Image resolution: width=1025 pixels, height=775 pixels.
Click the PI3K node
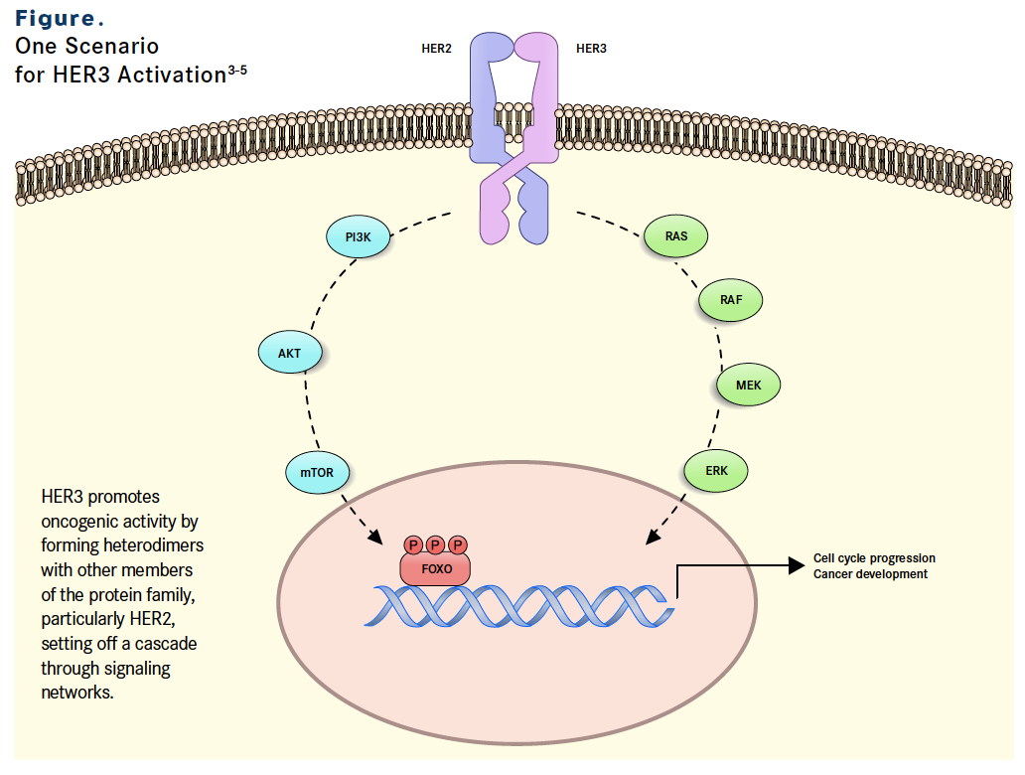click(359, 236)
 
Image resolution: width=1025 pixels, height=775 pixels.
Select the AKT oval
click(290, 353)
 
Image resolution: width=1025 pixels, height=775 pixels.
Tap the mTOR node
click(317, 472)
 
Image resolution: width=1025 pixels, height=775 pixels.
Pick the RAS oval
click(676, 236)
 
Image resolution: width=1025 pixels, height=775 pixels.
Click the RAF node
click(731, 300)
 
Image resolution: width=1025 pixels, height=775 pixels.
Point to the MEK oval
click(749, 386)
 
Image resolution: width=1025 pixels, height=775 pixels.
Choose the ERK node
click(716, 471)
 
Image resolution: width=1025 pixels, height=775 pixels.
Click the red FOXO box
click(435, 569)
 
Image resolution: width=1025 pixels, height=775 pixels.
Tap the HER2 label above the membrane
click(437, 49)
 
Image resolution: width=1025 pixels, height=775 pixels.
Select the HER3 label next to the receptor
click(591, 49)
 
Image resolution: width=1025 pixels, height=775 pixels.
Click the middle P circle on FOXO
click(435, 544)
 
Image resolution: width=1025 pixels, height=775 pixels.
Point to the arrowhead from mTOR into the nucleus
click(375, 537)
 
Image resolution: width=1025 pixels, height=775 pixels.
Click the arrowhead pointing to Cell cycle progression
click(797, 565)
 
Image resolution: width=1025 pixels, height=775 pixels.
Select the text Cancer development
click(870, 574)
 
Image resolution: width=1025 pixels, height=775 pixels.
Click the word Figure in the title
click(55, 19)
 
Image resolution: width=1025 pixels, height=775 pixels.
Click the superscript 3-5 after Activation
click(237, 70)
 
